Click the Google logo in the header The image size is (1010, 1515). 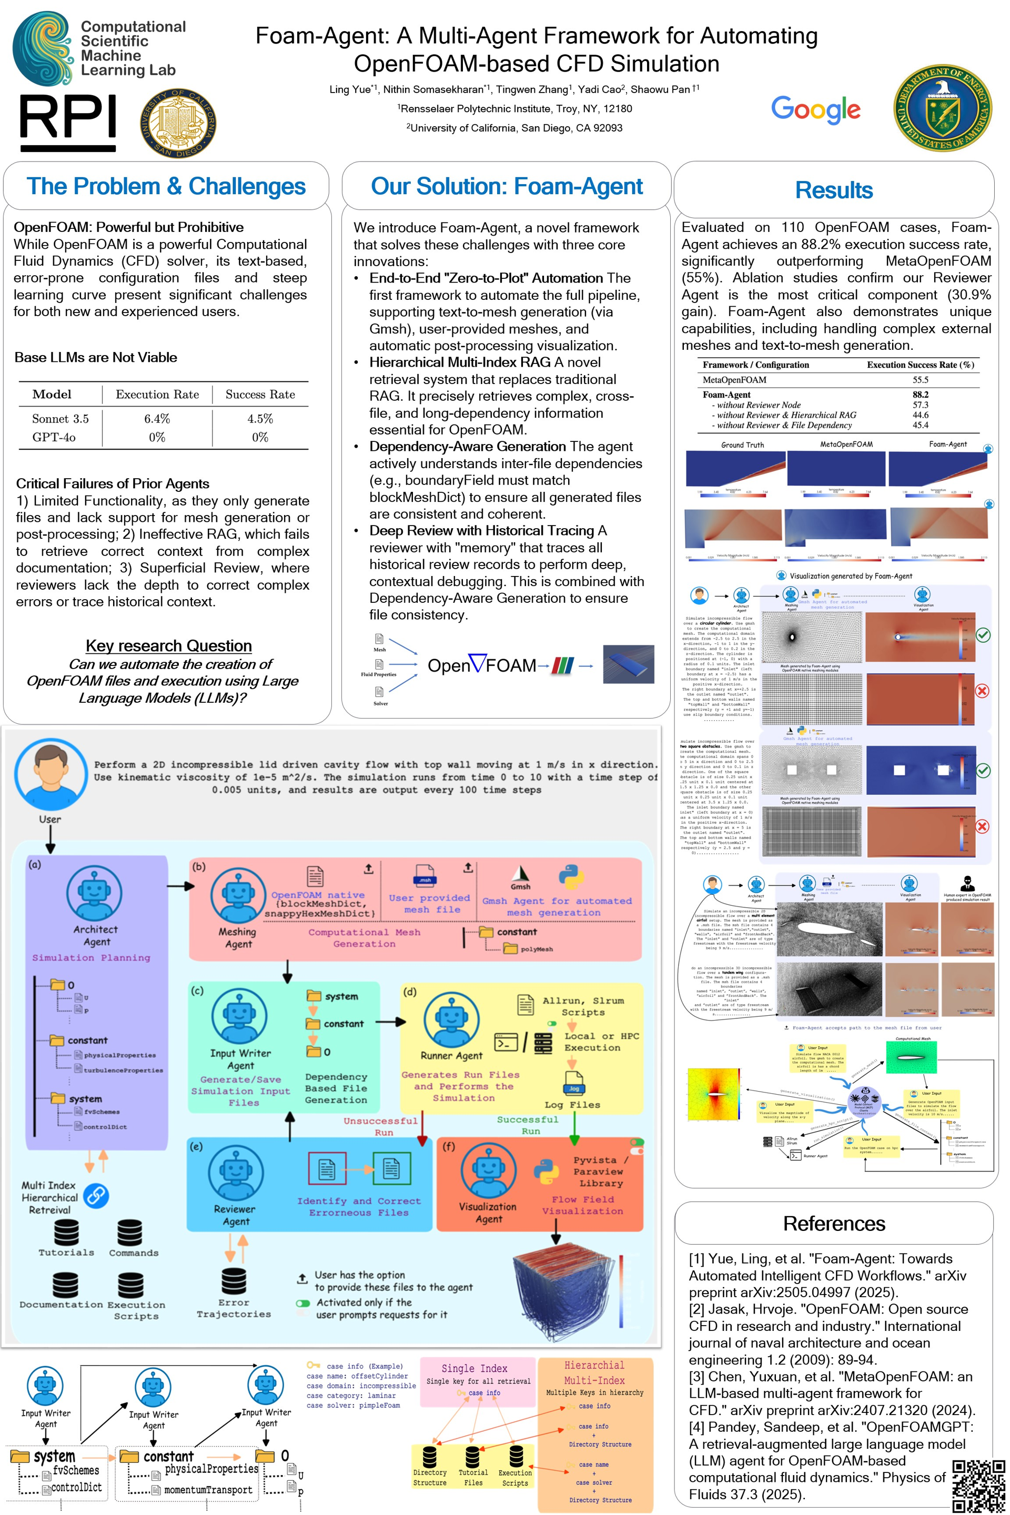pos(815,109)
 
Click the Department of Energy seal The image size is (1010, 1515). pos(942,107)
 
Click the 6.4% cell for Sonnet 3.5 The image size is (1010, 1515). pos(157,419)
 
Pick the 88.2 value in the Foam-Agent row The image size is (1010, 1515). pos(920,394)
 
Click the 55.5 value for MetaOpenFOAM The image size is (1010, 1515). pos(920,380)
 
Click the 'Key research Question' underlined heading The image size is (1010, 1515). pos(169,645)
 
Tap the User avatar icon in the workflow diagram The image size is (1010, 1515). pos(50,775)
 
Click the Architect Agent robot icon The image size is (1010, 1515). pos(95,892)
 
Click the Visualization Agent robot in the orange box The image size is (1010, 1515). pos(487,1171)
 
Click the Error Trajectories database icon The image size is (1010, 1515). pos(233,1282)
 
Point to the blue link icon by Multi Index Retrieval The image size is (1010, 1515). pos(96,1196)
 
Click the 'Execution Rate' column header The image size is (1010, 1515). pos(157,394)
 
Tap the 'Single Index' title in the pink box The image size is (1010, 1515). pos(474,1368)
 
